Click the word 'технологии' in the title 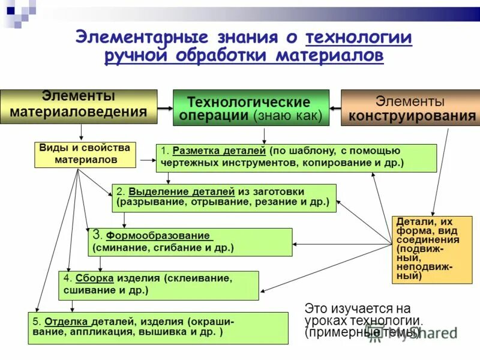pyautogui.click(x=358, y=38)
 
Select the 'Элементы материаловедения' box pyautogui.click(x=79, y=106)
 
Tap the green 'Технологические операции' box pyautogui.click(x=251, y=108)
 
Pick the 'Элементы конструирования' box pyautogui.click(x=410, y=108)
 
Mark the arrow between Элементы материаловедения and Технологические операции pyautogui.click(x=165, y=107)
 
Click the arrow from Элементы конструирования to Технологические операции pyautogui.click(x=335, y=108)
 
